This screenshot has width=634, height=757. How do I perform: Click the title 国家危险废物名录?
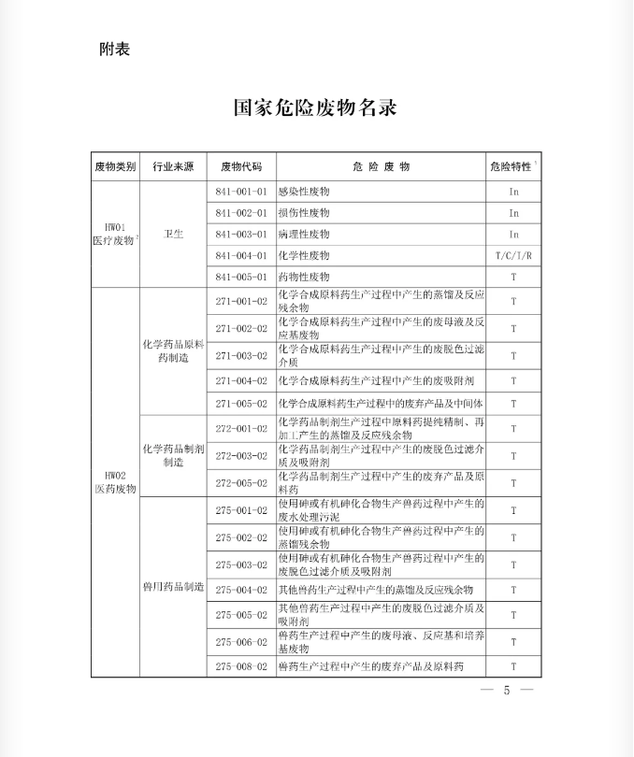tap(315, 107)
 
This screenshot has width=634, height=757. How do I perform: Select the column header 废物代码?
tap(241, 166)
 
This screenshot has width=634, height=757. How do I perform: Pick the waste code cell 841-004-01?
tap(241, 255)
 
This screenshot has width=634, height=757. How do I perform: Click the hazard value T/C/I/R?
tap(513, 255)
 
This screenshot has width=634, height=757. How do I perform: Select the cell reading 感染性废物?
tap(304, 191)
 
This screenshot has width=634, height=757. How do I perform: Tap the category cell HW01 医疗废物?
tap(114, 234)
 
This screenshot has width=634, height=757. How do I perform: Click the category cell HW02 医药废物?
tap(114, 482)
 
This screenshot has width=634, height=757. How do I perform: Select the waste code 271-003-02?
tap(241, 356)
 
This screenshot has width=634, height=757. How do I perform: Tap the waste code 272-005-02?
tap(241, 483)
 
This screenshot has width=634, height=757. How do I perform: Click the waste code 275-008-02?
tap(241, 666)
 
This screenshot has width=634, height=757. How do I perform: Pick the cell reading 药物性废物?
tap(304, 277)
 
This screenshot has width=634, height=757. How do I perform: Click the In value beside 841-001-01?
tap(513, 191)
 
